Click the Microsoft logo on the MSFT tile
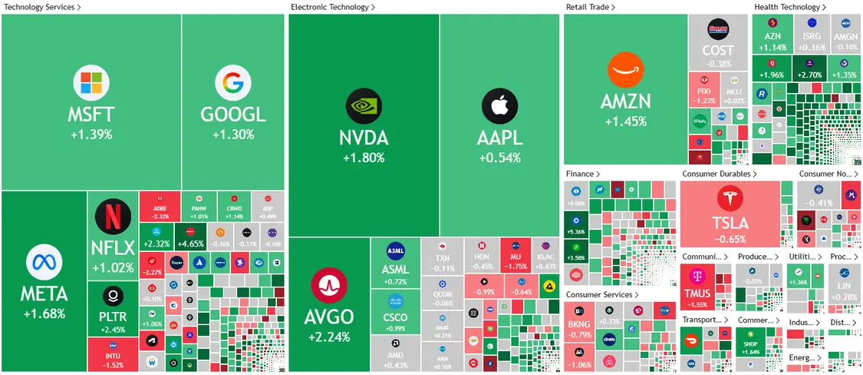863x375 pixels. [x=91, y=85]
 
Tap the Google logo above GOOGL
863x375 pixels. [x=232, y=85]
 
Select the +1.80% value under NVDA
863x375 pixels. [x=364, y=158]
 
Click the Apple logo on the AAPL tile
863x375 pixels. [x=499, y=107]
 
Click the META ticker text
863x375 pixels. [x=44, y=294]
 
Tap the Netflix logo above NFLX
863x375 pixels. [x=113, y=217]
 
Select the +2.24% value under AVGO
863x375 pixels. [x=329, y=337]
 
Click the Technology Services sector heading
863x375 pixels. [x=40, y=7]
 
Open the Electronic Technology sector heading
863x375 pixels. [x=329, y=7]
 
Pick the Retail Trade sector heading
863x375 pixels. [x=588, y=7]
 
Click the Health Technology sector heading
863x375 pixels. [x=787, y=7]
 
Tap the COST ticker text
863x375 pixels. [x=717, y=51]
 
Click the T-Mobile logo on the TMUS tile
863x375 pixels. [x=697, y=276]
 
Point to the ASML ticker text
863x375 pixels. [x=395, y=270]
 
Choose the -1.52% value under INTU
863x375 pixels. [x=113, y=365]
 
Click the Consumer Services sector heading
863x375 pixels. [x=599, y=294]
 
